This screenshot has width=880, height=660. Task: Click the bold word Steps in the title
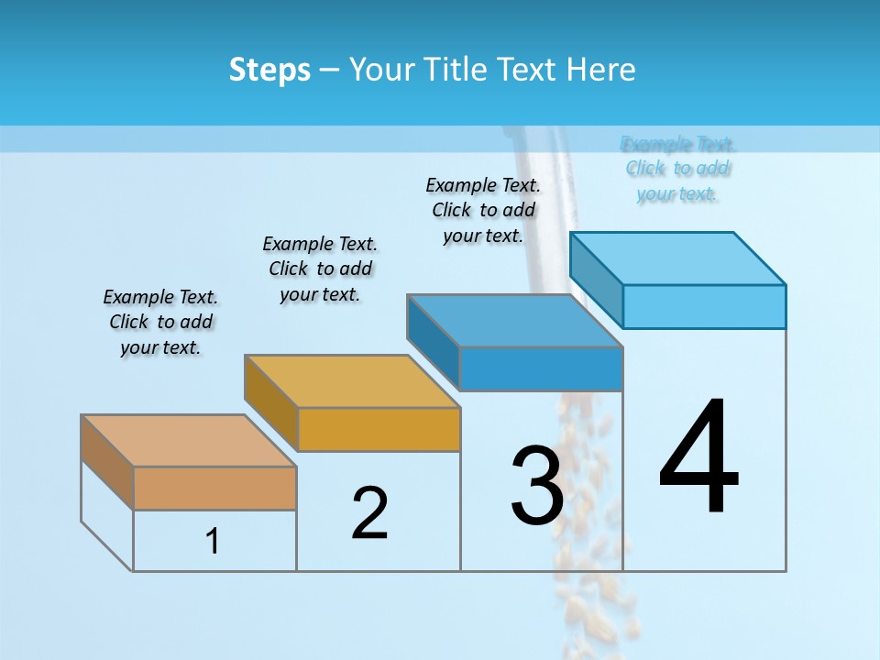(269, 70)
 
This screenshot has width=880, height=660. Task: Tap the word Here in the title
(600, 70)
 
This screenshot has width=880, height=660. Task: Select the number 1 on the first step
(213, 542)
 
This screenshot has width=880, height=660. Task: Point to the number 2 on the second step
(369, 513)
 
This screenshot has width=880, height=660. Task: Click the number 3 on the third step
(536, 486)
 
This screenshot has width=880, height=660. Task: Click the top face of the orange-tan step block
(189, 441)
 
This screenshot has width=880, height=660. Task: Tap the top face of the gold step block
(352, 381)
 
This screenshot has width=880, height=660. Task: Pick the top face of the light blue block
(678, 258)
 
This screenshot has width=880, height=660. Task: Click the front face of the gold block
(379, 429)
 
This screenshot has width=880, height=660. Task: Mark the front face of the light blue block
(704, 306)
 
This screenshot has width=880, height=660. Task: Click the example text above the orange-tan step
(160, 322)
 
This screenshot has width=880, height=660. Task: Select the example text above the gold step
(320, 269)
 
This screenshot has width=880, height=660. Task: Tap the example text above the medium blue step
(483, 210)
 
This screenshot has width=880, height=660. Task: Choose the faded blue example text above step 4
(677, 169)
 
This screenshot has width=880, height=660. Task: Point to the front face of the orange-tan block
(214, 489)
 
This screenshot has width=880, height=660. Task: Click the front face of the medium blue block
(541, 368)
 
